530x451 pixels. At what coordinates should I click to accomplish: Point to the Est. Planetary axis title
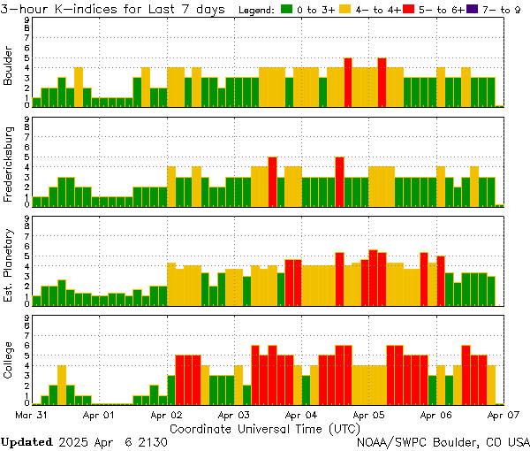9,265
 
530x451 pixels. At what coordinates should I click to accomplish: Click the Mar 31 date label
32,413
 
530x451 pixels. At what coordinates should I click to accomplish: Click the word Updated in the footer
26,441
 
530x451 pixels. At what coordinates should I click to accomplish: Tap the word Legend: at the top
258,9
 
